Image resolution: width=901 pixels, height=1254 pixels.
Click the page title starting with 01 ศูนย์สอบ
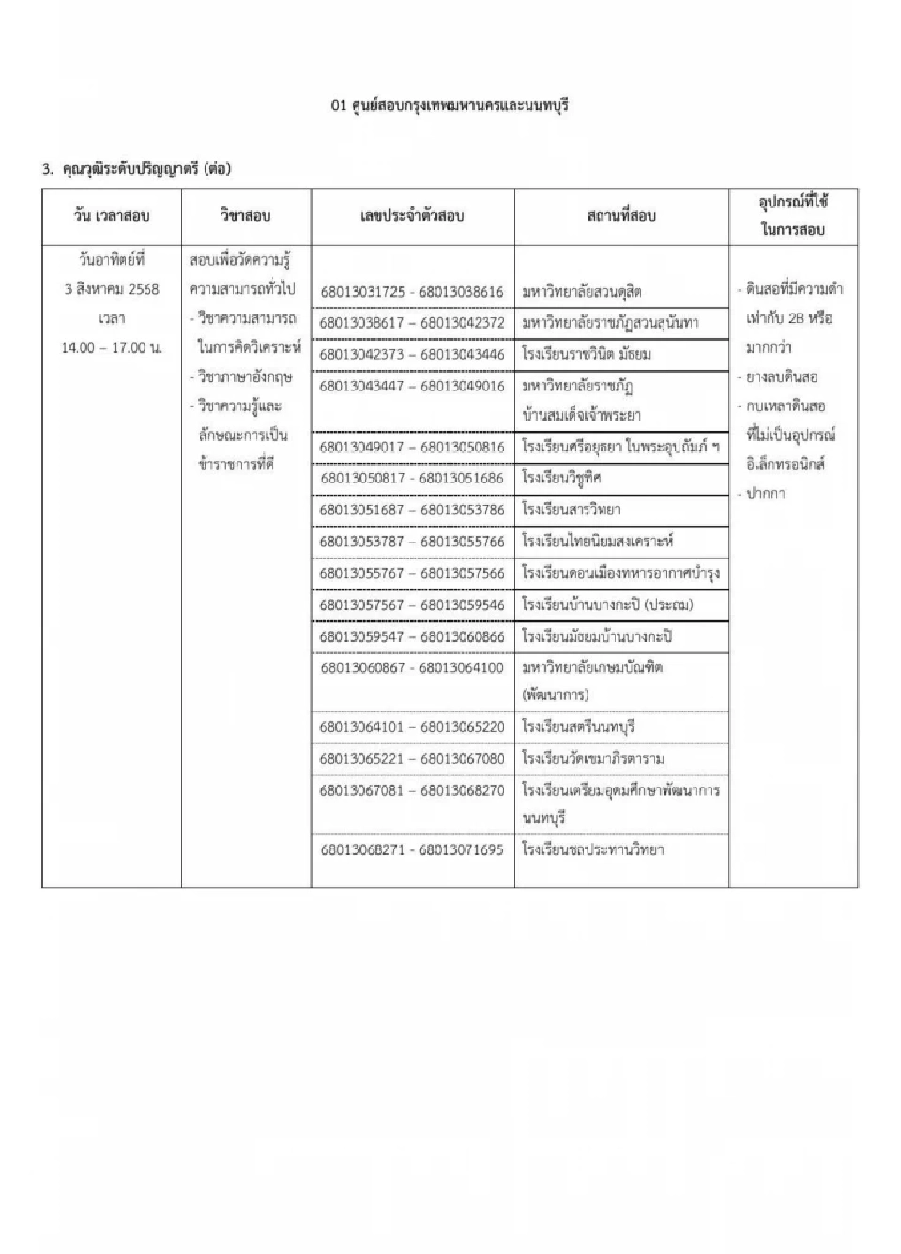coord(450,106)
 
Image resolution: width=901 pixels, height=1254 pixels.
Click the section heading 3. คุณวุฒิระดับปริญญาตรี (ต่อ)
coord(136,170)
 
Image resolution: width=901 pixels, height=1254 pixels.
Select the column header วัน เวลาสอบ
coord(112,216)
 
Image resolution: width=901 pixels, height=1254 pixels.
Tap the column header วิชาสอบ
coord(245,216)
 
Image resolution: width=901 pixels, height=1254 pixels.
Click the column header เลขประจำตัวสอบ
coord(412,216)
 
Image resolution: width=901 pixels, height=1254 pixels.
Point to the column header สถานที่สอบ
coord(621,216)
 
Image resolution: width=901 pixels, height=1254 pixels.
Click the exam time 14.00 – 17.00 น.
coord(112,348)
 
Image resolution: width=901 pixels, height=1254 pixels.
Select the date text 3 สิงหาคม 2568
coord(112,289)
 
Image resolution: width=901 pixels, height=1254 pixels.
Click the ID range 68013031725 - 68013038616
coord(412,292)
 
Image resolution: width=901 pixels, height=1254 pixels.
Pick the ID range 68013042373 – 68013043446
coord(412,355)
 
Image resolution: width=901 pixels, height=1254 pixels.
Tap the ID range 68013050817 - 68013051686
coord(412,478)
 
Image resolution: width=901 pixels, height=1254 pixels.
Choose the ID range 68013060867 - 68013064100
coord(412,668)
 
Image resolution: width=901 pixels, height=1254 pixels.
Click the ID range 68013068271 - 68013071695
coord(412,850)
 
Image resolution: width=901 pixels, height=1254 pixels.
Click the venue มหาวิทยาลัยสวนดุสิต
coord(582,292)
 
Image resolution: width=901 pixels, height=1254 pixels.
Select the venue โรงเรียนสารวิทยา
coord(572,510)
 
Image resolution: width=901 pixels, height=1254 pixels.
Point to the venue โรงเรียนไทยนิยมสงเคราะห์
coord(598,542)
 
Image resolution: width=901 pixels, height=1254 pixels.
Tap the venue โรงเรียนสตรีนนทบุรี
coord(579,727)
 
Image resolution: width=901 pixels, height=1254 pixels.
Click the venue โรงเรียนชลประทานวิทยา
coord(593,850)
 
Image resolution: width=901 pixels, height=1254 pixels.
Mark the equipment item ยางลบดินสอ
coord(782,377)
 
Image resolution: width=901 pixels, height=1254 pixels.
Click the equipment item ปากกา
coord(766,494)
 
